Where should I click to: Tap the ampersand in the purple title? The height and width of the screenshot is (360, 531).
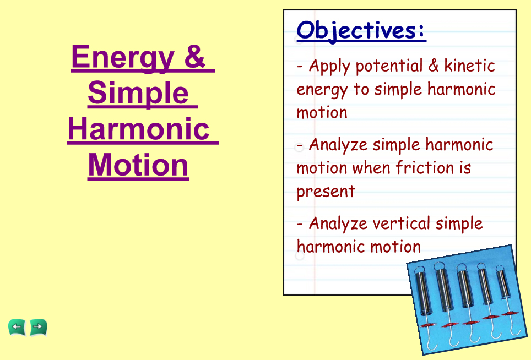[194, 56]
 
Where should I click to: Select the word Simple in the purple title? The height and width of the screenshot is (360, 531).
[138, 94]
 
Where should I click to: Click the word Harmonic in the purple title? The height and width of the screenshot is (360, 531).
[138, 129]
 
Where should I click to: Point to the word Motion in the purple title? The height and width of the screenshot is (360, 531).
[138, 165]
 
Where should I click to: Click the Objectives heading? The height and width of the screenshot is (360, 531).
[361, 30]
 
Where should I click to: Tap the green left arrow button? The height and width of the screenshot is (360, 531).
[17, 327]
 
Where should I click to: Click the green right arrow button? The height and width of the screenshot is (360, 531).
[38, 327]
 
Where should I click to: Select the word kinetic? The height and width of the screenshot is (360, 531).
[469, 66]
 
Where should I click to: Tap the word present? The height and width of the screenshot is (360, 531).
[326, 192]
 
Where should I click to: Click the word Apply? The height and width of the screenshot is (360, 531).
[329, 67]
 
